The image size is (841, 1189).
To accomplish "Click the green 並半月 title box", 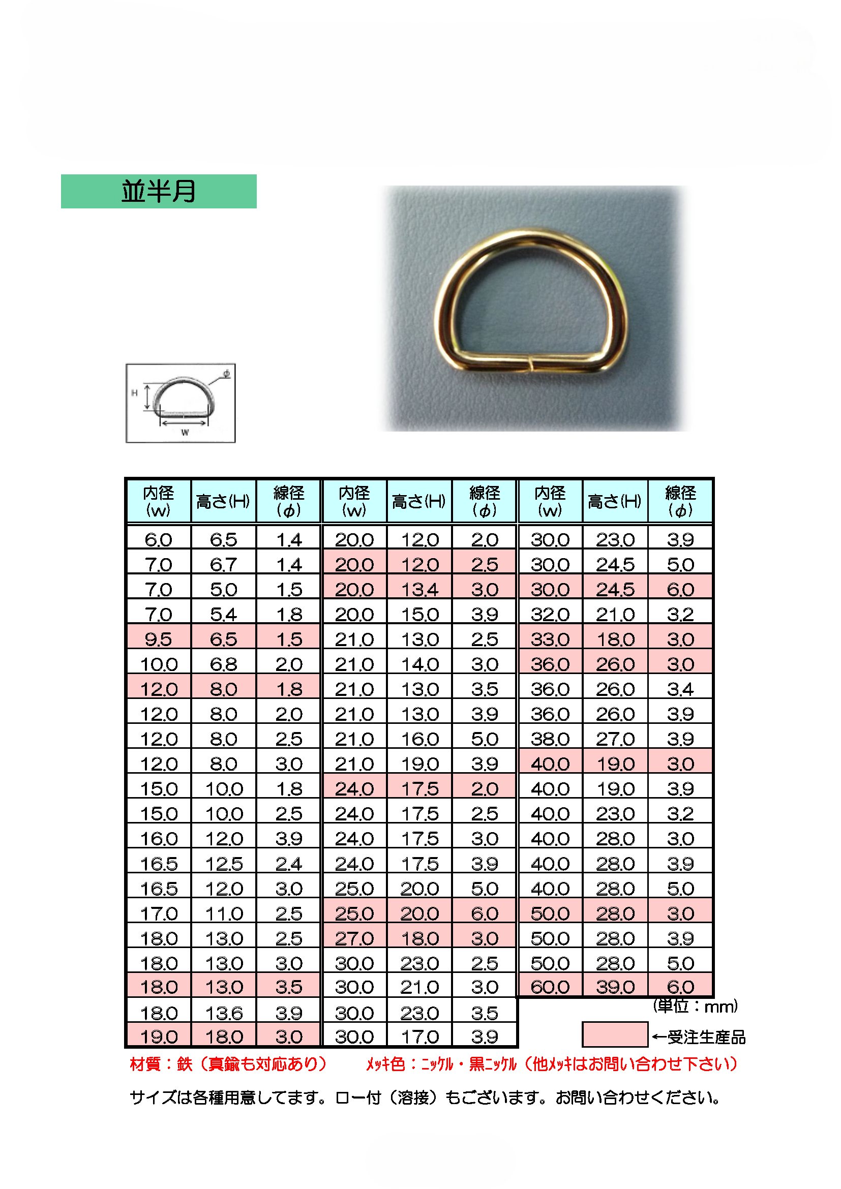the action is click(x=159, y=191).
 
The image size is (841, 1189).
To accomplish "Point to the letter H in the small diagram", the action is click(x=134, y=393).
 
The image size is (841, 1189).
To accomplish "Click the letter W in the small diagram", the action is click(x=185, y=432).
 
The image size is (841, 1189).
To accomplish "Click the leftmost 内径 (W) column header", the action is click(x=159, y=501).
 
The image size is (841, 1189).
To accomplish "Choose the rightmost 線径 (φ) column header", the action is click(x=680, y=501).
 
